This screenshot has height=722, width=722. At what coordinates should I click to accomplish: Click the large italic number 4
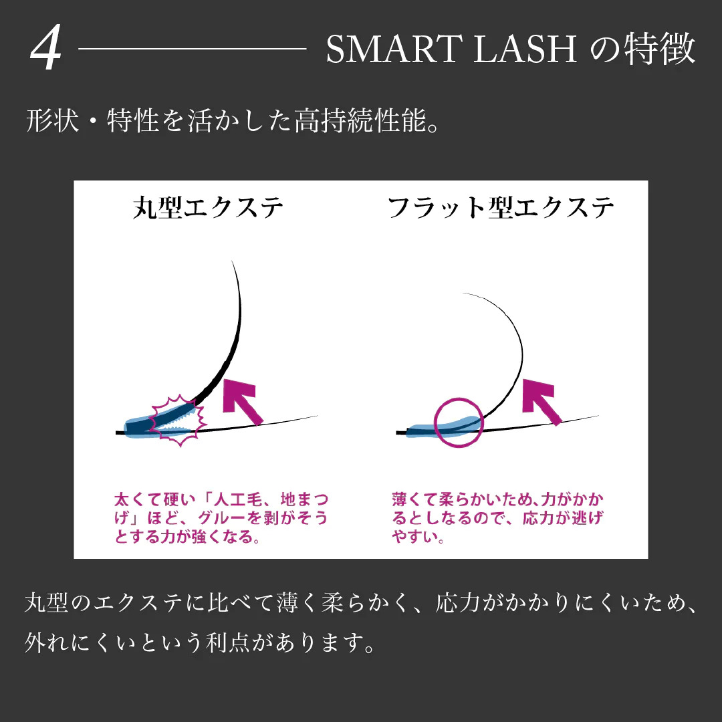coord(46,48)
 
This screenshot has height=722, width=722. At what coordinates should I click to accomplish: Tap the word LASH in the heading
coord(525,49)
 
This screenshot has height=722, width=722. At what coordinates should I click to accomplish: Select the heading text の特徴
coord(643,48)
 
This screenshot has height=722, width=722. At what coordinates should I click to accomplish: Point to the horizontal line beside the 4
coord(193,48)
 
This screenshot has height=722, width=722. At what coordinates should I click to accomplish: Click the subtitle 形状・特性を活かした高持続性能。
coord(233,121)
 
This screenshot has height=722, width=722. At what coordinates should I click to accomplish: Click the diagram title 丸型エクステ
coord(208,208)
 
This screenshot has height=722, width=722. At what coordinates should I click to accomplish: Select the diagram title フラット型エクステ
coord(501,208)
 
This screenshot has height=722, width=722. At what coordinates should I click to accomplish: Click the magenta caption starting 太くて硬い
coord(221,518)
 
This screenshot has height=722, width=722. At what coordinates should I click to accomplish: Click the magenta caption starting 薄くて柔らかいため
coord(498,518)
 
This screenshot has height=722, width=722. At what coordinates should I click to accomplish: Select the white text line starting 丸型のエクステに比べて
coord(361,603)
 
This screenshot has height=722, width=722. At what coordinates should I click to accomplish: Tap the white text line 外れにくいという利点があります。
coord(201,642)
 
